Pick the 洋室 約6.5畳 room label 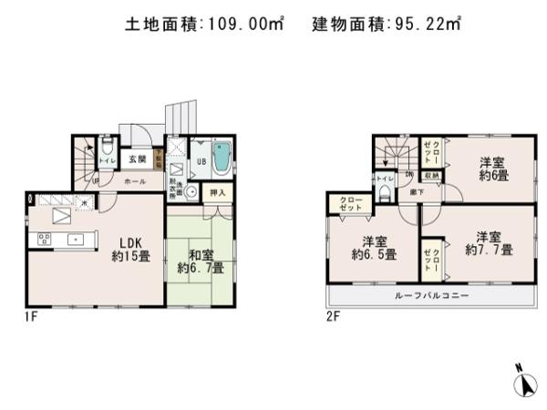point(373,249)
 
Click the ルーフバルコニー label point(431,296)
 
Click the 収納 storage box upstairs point(433,175)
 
